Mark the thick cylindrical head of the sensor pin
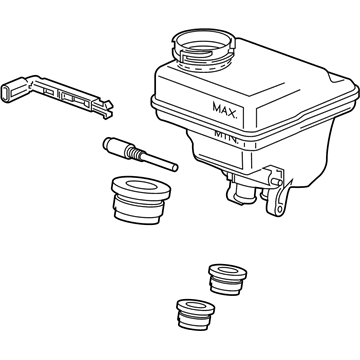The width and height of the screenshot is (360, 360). (114, 145)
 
